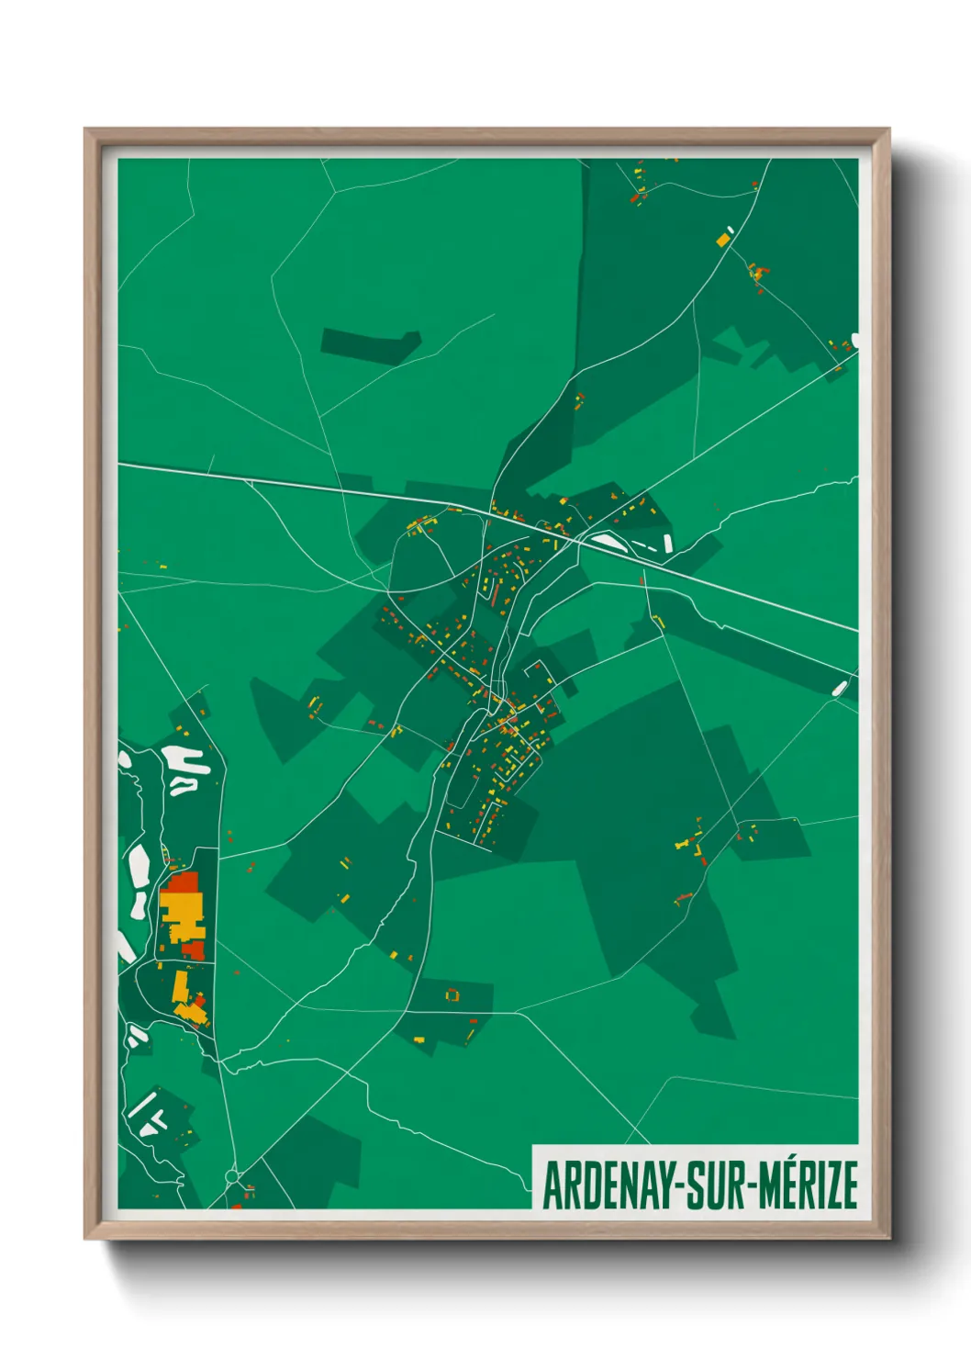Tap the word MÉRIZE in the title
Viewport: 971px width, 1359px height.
click(808, 1185)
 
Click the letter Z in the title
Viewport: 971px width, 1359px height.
click(829, 1185)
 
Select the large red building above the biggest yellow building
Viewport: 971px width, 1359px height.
click(184, 884)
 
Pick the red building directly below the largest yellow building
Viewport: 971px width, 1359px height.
click(195, 949)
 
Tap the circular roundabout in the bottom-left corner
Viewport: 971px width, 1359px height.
click(231, 1176)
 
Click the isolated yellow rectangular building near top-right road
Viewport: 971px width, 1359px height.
click(723, 240)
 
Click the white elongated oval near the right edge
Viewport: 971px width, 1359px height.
click(839, 687)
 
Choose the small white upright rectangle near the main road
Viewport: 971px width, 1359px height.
click(667, 544)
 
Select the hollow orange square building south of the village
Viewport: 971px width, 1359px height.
click(451, 994)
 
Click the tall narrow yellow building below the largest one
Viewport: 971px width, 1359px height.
click(180, 987)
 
